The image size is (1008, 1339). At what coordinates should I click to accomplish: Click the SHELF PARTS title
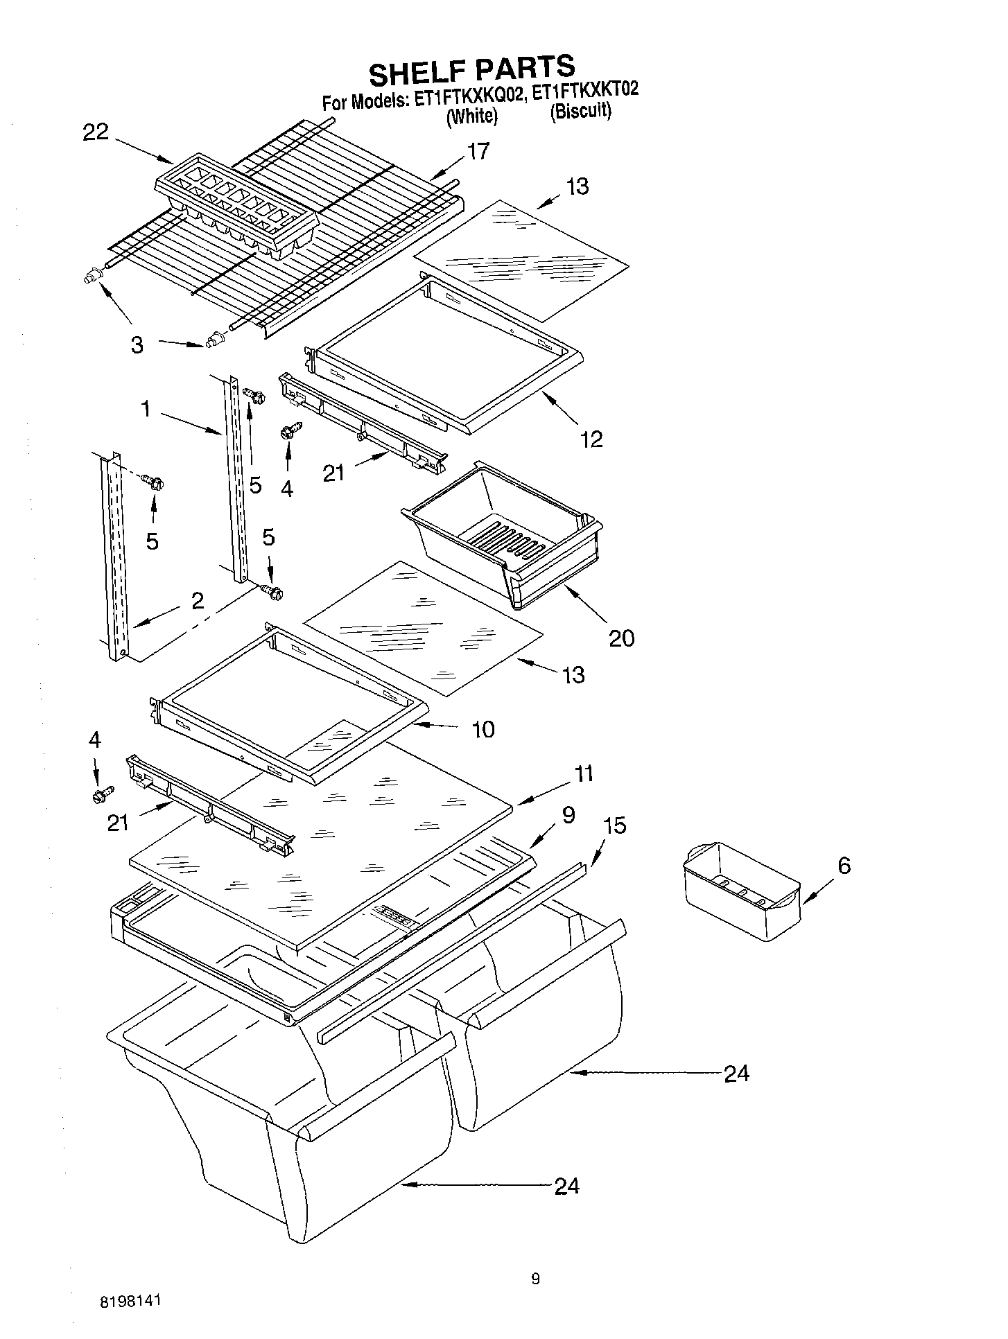tap(471, 69)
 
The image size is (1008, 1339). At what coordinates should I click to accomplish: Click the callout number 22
tap(96, 132)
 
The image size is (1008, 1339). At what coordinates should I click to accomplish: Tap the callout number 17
tap(478, 150)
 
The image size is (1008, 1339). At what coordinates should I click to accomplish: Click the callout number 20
tap(621, 638)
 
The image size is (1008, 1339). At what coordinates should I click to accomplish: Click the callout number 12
tap(591, 438)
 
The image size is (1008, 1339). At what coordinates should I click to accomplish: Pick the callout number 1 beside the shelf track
tap(146, 409)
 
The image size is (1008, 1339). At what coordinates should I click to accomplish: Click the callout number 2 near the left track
tap(198, 600)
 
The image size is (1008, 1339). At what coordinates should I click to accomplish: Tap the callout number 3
tap(137, 344)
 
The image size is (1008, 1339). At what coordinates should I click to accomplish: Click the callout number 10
tap(483, 729)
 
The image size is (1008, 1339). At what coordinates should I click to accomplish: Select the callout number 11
tap(584, 773)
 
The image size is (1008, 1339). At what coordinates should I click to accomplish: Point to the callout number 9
tap(568, 815)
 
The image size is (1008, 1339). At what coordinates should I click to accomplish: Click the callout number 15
tap(614, 825)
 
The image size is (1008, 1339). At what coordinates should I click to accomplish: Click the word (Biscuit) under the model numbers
tap(581, 112)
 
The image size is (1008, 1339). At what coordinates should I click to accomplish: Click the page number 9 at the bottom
tap(535, 1279)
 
